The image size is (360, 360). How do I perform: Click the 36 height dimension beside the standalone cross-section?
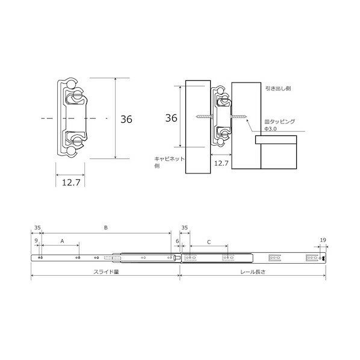coord(126,119)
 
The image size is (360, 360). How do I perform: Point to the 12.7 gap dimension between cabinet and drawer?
coord(222,163)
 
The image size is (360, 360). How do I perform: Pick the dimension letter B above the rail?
coord(105,228)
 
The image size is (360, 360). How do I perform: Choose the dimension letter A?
coord(61,241)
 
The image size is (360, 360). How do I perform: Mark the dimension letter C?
coord(208,241)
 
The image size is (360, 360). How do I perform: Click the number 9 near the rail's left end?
coord(37,241)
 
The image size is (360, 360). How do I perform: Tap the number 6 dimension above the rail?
coord(177,241)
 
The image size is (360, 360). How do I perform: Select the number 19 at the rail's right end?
coord(323,240)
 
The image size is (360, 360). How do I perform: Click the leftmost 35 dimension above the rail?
coord(37,228)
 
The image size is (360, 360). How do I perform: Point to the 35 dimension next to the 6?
coord(184,228)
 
